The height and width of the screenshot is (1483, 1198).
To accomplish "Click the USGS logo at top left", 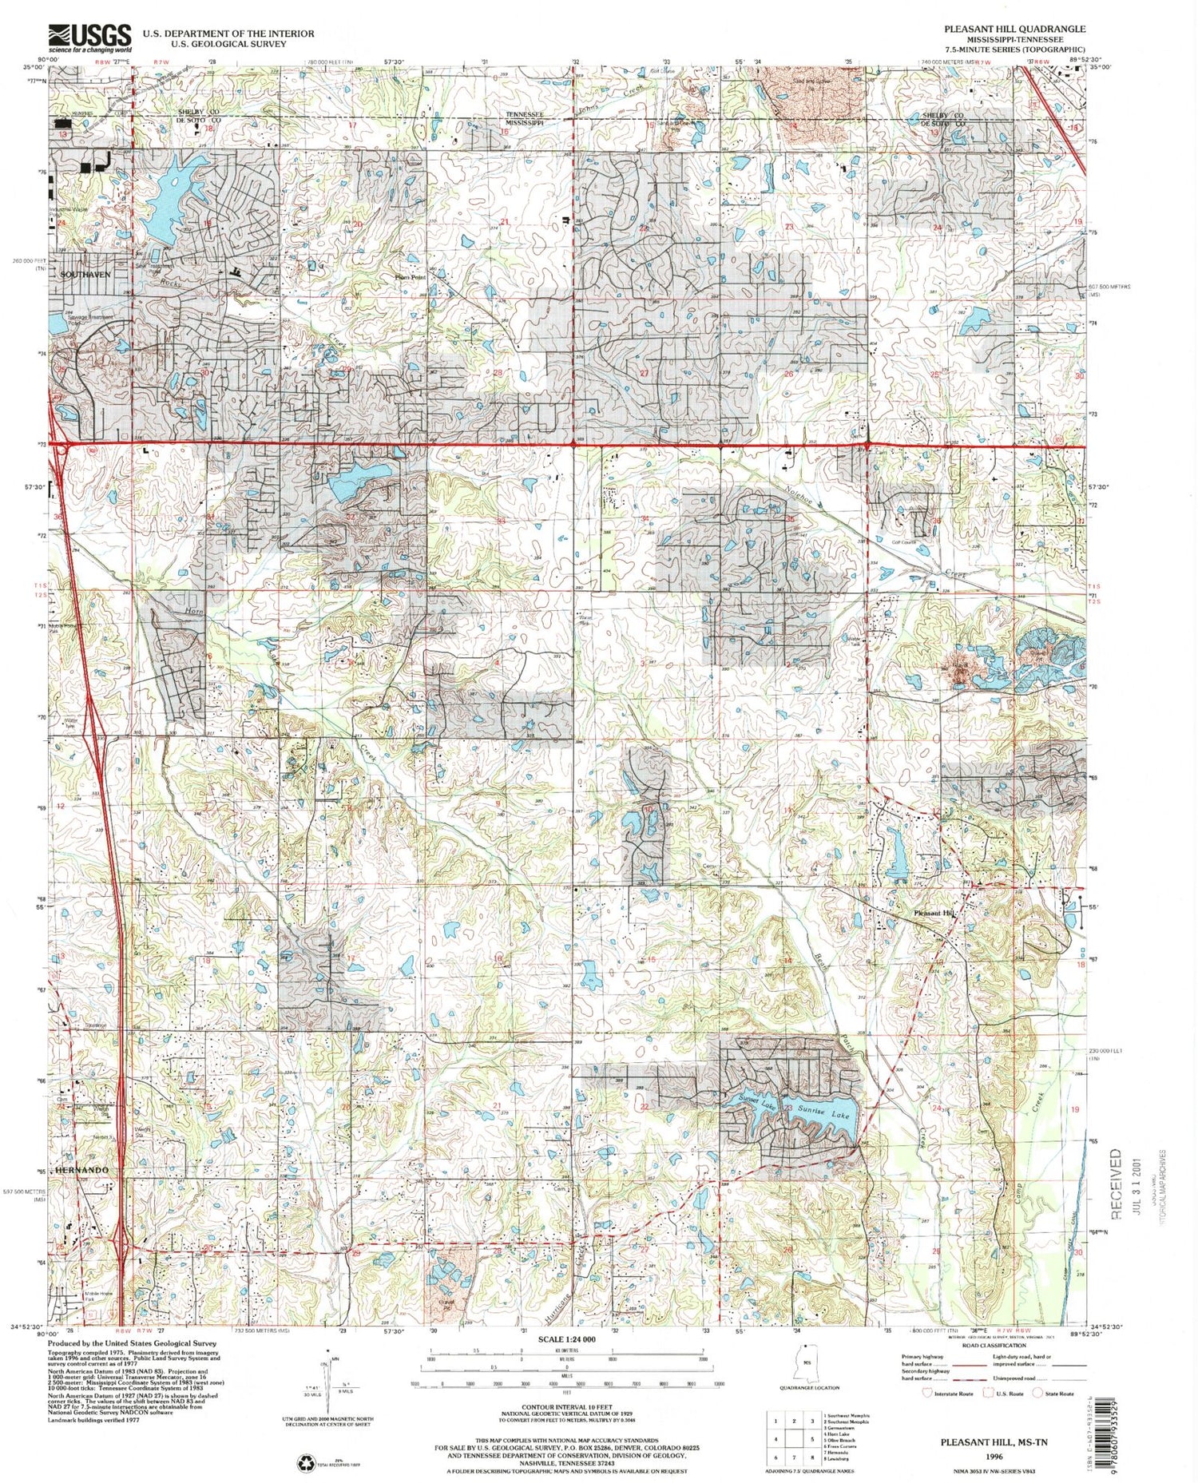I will tap(89, 37).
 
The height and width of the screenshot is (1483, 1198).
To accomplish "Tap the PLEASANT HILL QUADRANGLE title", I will tap(1014, 29).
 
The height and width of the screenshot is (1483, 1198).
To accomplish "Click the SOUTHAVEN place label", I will tap(85, 274).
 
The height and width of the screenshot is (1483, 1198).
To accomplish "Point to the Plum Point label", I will tap(411, 277).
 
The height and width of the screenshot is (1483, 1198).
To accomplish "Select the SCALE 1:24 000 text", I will tap(567, 1338).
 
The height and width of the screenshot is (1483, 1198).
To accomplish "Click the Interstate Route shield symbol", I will tap(926, 1393).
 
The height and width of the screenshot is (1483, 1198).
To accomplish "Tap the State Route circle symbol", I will tap(1038, 1393).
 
